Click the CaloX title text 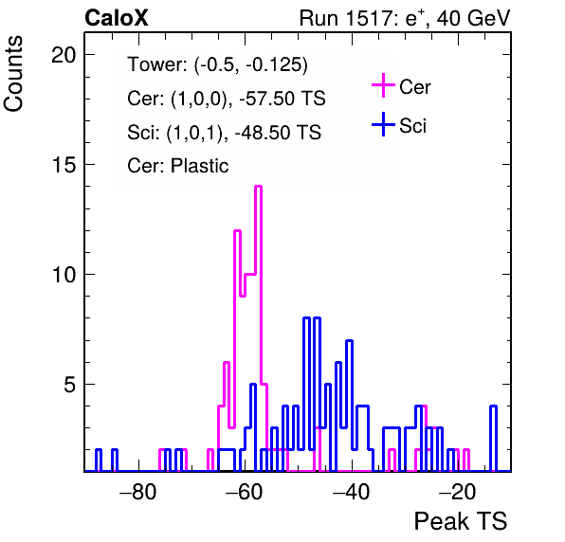[117, 18]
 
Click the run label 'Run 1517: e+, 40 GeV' [405, 18]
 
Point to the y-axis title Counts [13, 74]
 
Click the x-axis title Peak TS [461, 521]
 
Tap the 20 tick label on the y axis [64, 55]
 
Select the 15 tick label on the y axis [64, 165]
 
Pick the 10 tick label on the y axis [64, 275]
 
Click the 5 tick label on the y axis [70, 385]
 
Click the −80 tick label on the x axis [138, 491]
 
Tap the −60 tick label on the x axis [245, 491]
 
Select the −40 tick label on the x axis [352, 491]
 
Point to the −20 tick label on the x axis [458, 491]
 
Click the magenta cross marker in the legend [383, 85]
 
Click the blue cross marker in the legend [383, 124]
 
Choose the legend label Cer [414, 87]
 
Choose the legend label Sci [413, 126]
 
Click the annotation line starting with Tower [218, 64]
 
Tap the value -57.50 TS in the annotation [282, 99]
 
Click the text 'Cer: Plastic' [178, 166]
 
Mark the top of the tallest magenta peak [258, 186]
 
